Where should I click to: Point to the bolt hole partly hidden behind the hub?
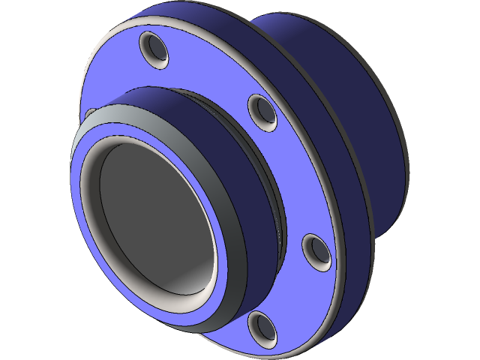coord(90,114)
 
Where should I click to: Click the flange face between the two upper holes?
coord(210,71)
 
